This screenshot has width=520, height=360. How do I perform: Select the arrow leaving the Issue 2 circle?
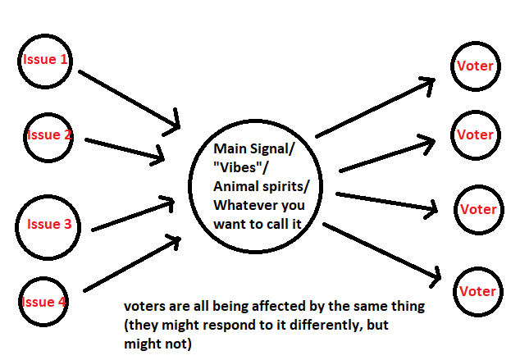click(123, 145)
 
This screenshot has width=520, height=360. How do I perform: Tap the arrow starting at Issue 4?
click(131, 265)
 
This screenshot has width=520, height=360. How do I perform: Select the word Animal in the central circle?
click(233, 185)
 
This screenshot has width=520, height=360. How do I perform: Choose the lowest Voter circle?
click(477, 291)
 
